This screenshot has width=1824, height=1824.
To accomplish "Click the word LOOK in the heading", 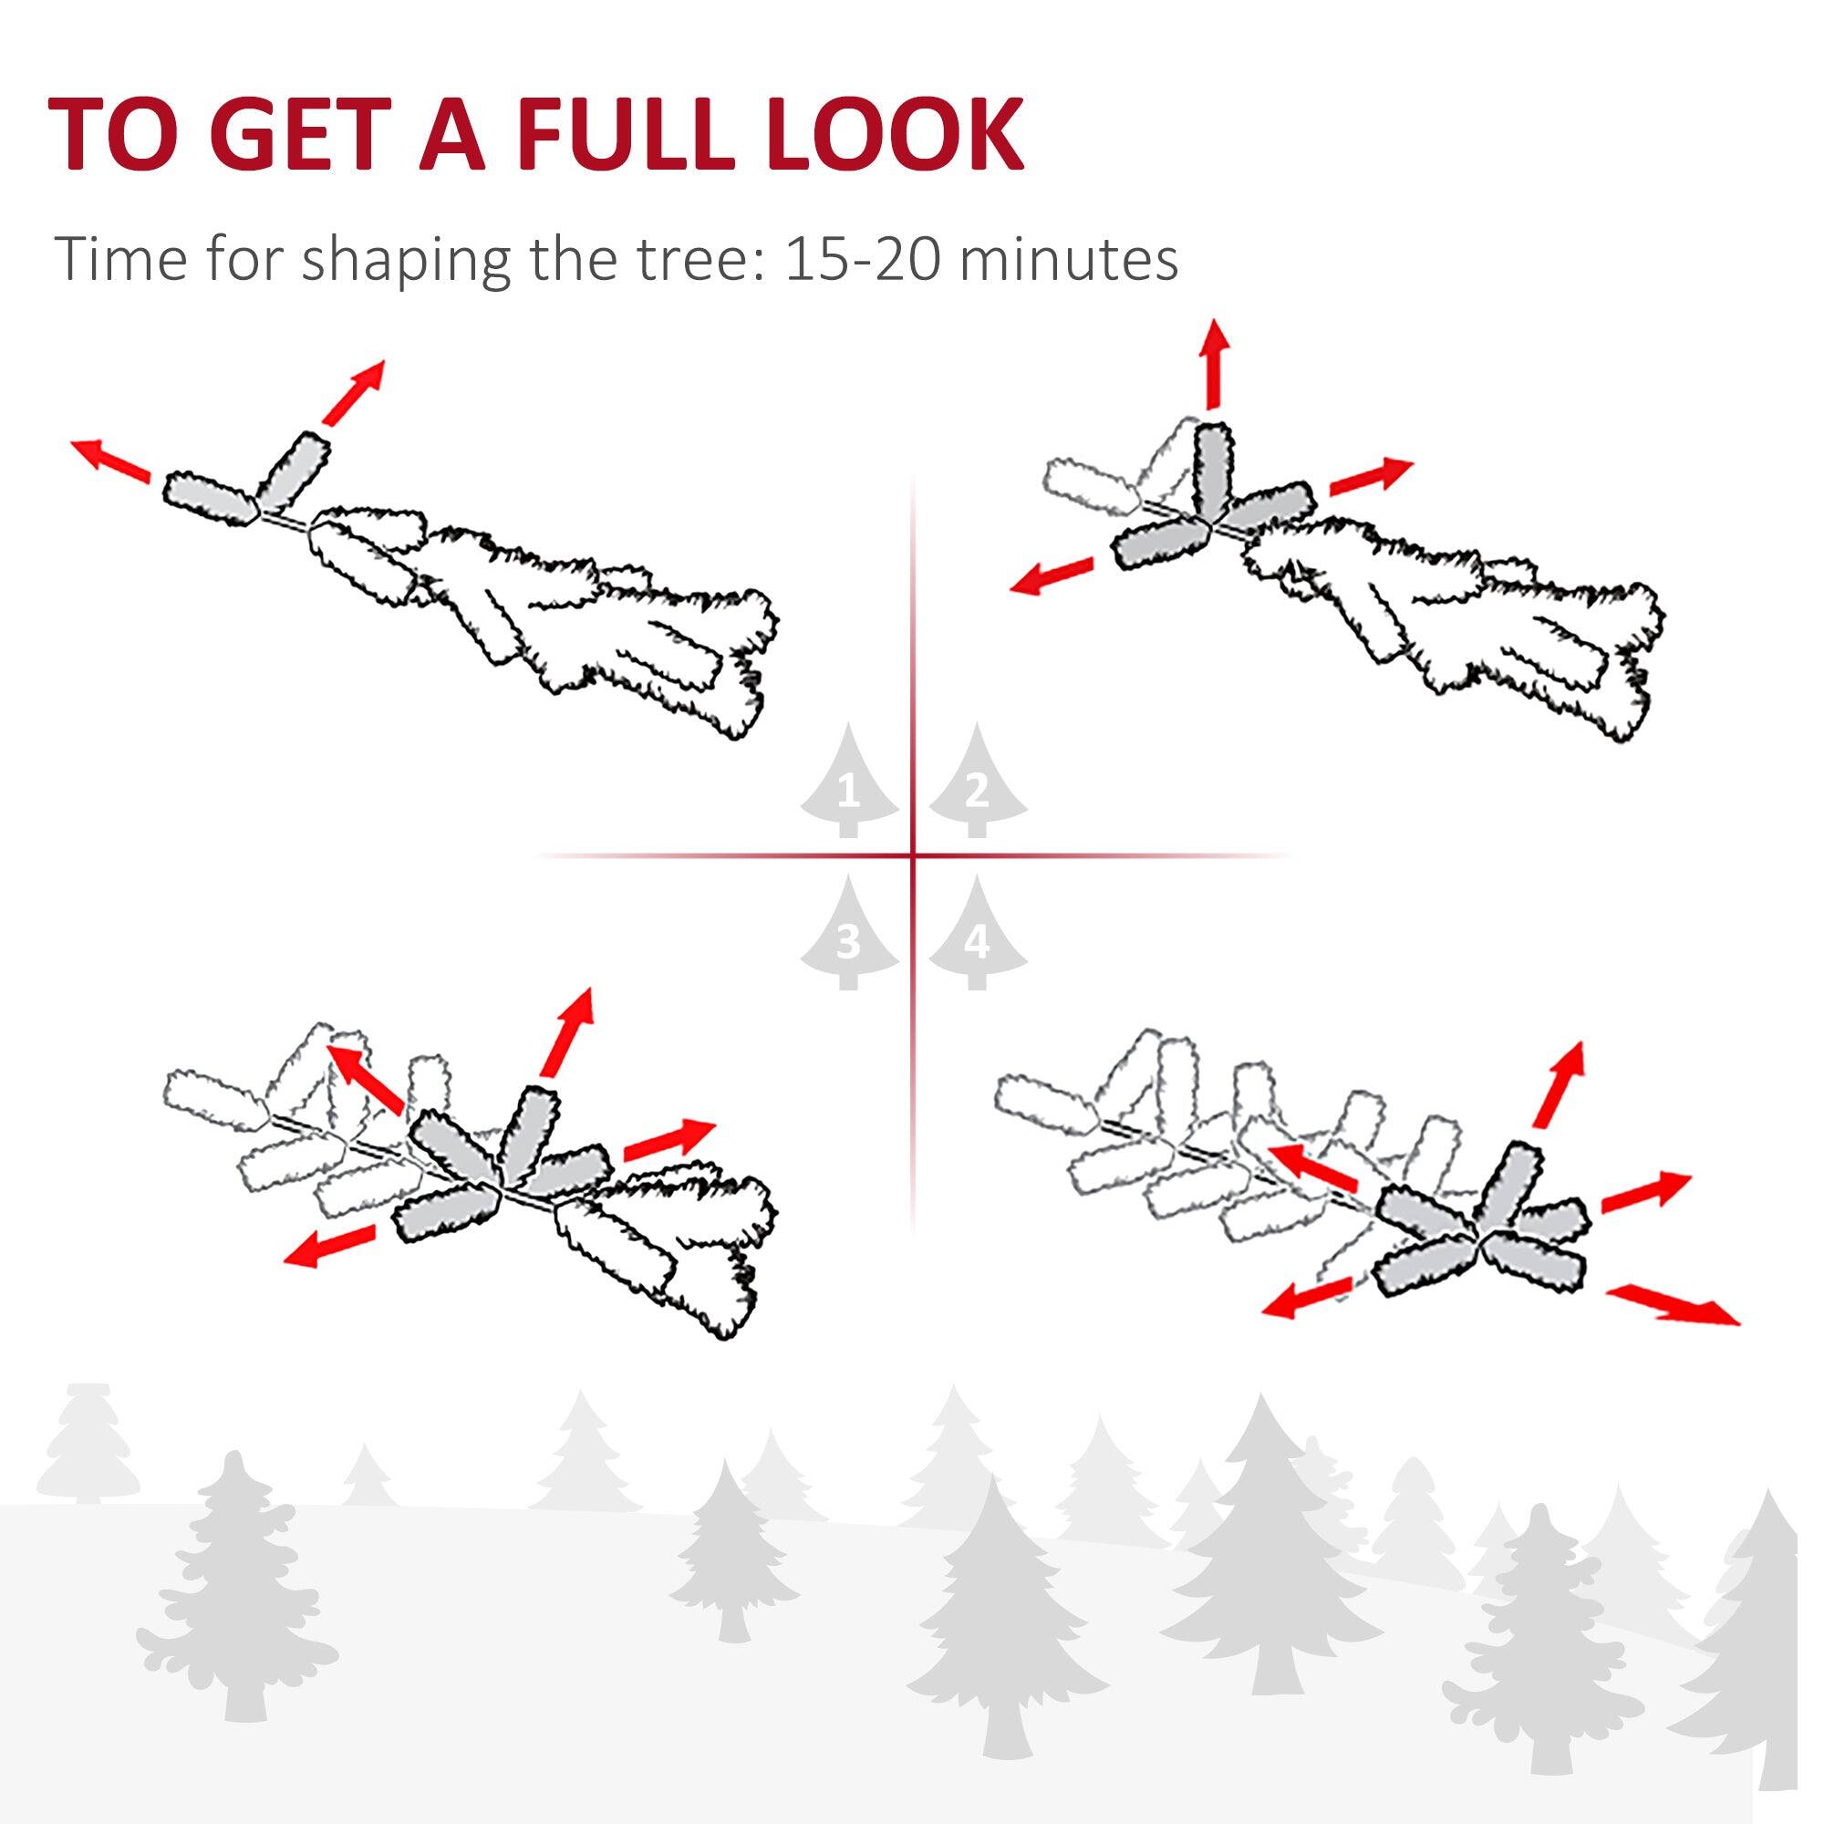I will click(x=895, y=135).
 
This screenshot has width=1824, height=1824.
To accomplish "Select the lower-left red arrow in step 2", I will click(x=1051, y=575).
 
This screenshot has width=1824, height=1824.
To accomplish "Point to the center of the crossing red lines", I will click(x=913, y=856).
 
